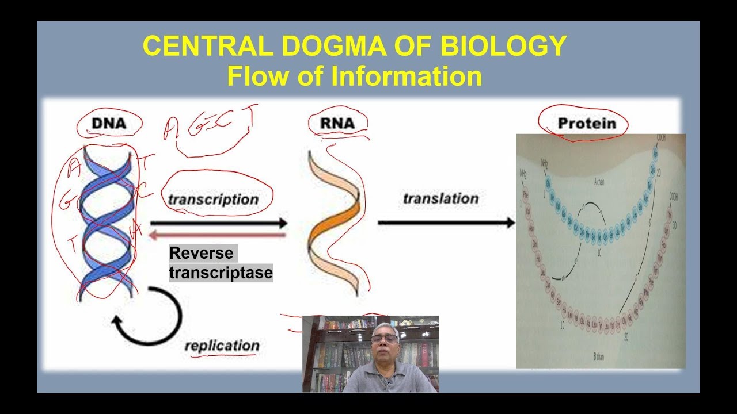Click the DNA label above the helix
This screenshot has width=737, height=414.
pos(109,122)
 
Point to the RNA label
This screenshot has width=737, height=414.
pos(331,122)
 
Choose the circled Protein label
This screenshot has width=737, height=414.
pos(586,124)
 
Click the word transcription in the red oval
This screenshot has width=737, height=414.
pos(213,200)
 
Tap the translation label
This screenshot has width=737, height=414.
pos(440,198)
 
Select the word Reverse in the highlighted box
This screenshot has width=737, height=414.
pos(202,254)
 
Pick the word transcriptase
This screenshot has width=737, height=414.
pos(221,273)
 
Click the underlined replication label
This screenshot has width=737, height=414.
pos(222,346)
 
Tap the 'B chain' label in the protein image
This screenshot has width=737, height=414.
pos(598,357)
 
